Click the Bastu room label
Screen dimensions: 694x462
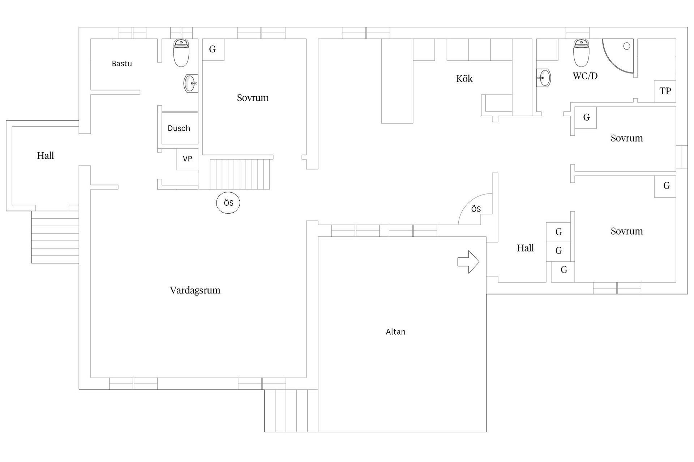122,64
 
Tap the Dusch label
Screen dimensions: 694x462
179,128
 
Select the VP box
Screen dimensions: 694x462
187,159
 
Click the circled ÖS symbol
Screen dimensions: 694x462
228,203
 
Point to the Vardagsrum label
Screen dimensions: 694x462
195,290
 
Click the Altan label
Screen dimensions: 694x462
395,332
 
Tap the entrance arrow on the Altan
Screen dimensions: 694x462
468,262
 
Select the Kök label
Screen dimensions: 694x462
464,79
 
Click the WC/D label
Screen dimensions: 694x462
585,76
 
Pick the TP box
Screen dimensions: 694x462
665,91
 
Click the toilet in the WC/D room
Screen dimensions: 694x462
581,53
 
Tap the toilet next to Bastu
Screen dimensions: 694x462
181,53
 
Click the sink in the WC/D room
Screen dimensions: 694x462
543,78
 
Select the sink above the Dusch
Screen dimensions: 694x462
191,83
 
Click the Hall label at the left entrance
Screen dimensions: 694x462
46,156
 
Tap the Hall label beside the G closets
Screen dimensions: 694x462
525,248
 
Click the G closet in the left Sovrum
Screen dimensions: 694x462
213,49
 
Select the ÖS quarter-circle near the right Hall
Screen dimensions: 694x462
475,209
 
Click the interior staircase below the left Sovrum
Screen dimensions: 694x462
240,174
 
